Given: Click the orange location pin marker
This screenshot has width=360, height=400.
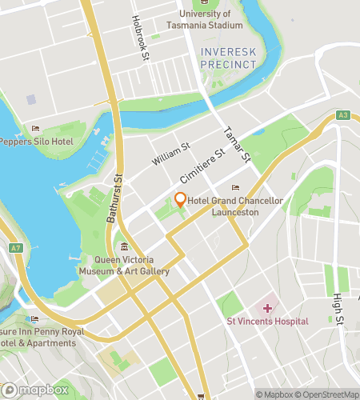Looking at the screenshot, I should point(180,200).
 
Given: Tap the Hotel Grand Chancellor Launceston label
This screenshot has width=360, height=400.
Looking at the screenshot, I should point(234,206).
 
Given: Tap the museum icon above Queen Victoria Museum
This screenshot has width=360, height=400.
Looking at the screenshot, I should point(124,246).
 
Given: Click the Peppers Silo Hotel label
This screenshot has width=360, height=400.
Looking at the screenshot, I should point(36,142).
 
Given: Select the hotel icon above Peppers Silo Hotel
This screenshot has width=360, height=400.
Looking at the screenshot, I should point(34,128).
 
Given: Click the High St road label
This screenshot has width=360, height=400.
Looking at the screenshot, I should point(339,309).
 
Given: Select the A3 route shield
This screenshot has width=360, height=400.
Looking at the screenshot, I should point(342,115).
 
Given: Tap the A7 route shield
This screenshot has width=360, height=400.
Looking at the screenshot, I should point(16,248).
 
